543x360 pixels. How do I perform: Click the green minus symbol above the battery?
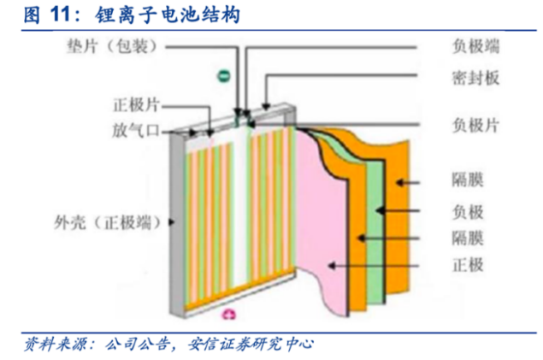[x=222, y=75]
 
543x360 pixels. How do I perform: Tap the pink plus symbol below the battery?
[x=228, y=314]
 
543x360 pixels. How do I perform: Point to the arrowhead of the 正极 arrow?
[x=328, y=266]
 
